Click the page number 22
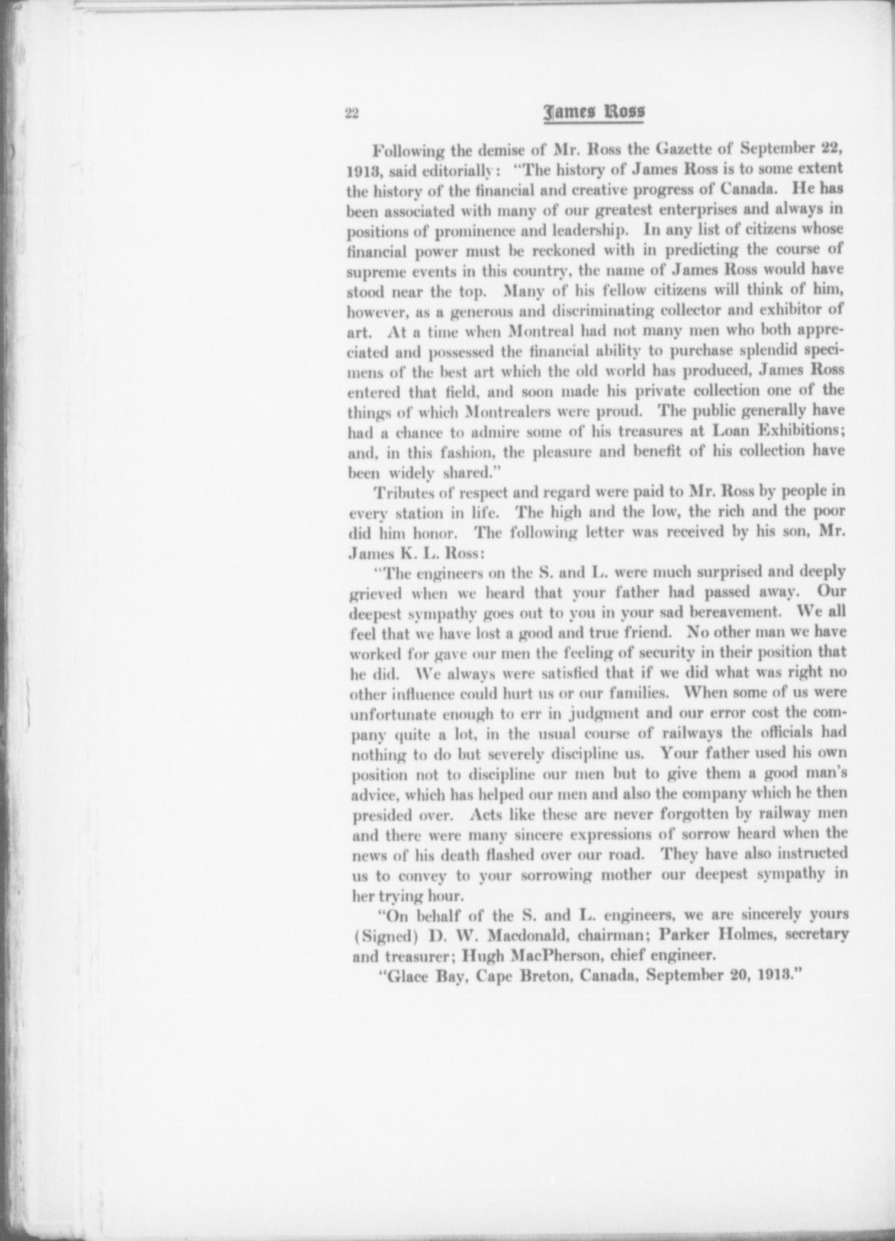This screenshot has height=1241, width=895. (x=352, y=114)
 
